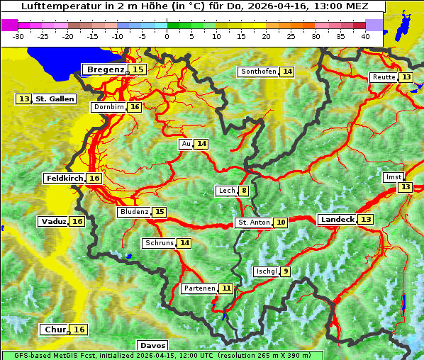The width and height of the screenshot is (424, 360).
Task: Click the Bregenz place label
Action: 106,69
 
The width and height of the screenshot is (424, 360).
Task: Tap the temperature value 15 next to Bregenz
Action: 138,69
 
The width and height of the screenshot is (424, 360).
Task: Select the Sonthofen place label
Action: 258,72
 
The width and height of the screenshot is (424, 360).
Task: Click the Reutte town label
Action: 383,77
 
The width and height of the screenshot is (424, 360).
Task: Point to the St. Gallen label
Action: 55,99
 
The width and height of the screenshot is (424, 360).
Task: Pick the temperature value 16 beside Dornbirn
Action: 134,107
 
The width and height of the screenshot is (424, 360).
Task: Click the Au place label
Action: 186,144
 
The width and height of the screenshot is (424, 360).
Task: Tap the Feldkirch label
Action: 65,179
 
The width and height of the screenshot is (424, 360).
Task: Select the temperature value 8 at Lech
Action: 244,191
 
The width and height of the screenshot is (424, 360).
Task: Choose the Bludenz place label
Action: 134,212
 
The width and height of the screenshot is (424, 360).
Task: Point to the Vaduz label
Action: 54,222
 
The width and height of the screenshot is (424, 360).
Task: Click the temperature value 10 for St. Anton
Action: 281,223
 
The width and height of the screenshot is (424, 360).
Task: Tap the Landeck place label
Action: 337,220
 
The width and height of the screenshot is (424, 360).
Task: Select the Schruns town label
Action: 159,243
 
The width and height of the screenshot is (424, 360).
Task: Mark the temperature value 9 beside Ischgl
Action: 285,271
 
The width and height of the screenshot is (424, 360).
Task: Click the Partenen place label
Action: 199,288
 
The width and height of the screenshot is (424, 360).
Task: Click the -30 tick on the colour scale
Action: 18,36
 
